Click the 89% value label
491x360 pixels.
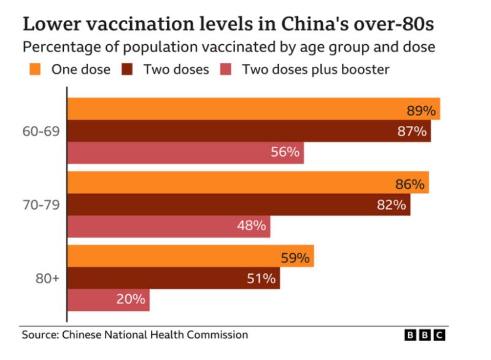420,111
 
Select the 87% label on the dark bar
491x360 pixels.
411,131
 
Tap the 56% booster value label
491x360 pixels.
285,152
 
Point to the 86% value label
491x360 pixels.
409,184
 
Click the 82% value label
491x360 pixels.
391,205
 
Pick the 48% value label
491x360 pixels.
252,225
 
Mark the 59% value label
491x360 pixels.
295,258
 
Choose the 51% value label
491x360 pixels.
261,278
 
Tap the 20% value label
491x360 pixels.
131,299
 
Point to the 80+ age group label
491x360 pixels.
47,278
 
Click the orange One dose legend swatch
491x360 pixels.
34,69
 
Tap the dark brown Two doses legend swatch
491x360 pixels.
128,69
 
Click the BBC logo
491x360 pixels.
425,335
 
